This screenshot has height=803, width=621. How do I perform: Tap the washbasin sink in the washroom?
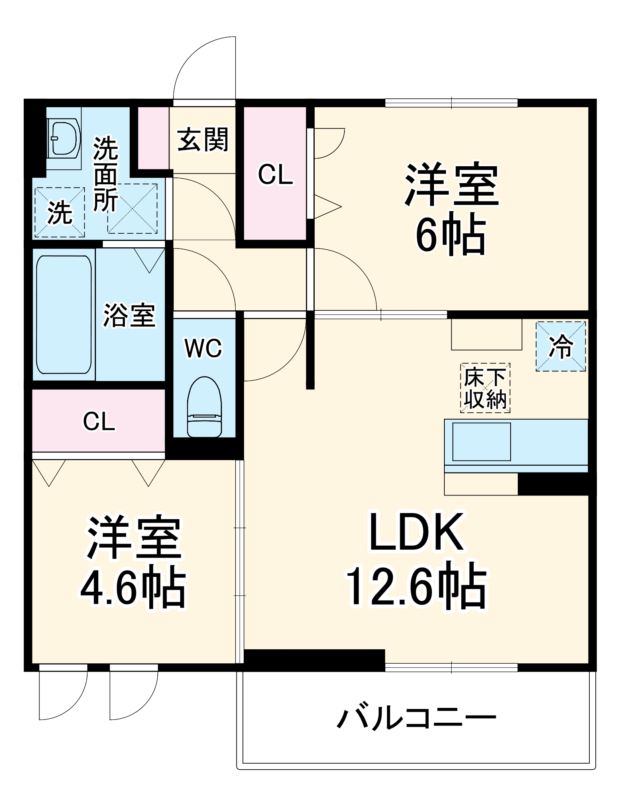coord(63,138)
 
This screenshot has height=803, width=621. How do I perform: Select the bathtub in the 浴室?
coord(64,314)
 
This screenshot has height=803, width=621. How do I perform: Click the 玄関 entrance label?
coord(203,140)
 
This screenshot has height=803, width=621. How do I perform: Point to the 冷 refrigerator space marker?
coord(560,346)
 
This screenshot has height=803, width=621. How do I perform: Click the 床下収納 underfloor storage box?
coord(485,388)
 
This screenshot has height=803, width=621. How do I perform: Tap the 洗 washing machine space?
coord(59,212)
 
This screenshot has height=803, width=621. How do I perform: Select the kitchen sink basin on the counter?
coord(481,441)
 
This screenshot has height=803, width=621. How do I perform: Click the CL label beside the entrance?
coord(275,175)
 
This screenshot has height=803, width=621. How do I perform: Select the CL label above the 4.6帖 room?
coord(99,422)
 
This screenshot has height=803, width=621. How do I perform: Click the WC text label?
coord(203,348)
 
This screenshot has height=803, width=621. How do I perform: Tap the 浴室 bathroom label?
coord(129,316)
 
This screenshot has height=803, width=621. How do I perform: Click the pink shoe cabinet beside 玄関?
coord(153,138)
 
